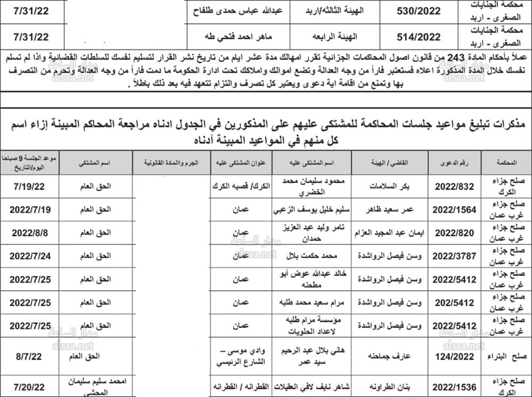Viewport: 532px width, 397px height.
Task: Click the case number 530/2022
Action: coord(419,11)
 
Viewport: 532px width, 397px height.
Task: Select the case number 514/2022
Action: coord(419,37)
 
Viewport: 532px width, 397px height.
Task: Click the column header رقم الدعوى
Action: coord(455,163)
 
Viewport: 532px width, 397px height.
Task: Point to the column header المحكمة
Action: coord(506,163)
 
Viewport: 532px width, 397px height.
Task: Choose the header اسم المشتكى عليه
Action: coord(311,163)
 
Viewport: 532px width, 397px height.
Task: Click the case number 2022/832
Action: coord(454,186)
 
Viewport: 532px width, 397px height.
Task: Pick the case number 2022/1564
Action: coord(454,209)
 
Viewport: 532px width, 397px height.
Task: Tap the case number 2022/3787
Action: coord(454,256)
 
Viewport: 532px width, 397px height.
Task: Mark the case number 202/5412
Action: coord(454,302)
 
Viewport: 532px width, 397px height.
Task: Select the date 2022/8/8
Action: coord(30,232)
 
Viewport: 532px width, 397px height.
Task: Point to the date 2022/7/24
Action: coord(30,256)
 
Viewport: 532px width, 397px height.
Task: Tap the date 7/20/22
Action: coord(30,386)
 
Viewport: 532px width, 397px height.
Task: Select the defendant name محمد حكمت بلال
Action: coord(311,256)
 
